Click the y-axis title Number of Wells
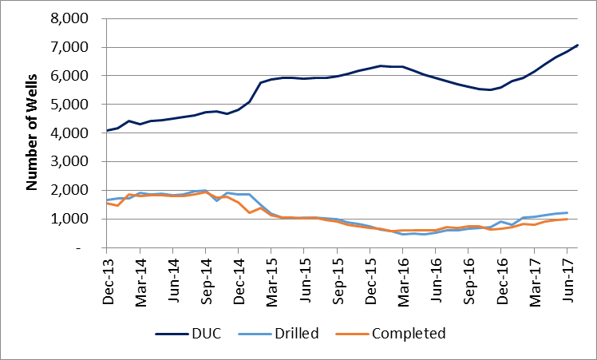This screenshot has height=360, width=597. (33, 133)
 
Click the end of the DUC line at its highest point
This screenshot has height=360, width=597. (577, 45)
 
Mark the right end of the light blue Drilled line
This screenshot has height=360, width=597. (567, 212)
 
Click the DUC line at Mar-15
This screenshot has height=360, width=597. (271, 79)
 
